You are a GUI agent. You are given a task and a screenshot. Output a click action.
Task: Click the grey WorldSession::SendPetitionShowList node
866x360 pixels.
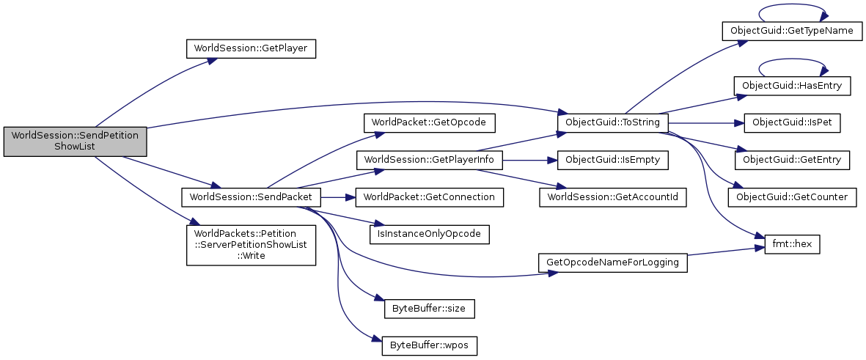(75, 141)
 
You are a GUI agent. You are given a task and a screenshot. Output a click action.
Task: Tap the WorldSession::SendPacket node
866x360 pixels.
(251, 197)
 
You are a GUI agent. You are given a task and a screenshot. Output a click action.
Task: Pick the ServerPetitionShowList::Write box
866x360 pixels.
(251, 245)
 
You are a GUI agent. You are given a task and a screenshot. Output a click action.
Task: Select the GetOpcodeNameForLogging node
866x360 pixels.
(612, 262)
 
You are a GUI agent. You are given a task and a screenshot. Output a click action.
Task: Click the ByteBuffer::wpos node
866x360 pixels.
(430, 345)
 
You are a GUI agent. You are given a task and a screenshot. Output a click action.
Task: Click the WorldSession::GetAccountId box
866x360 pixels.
(612, 197)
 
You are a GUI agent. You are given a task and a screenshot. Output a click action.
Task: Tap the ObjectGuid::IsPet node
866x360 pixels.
(791, 122)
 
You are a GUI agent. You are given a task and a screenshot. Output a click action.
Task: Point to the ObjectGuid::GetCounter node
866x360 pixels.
(791, 197)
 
